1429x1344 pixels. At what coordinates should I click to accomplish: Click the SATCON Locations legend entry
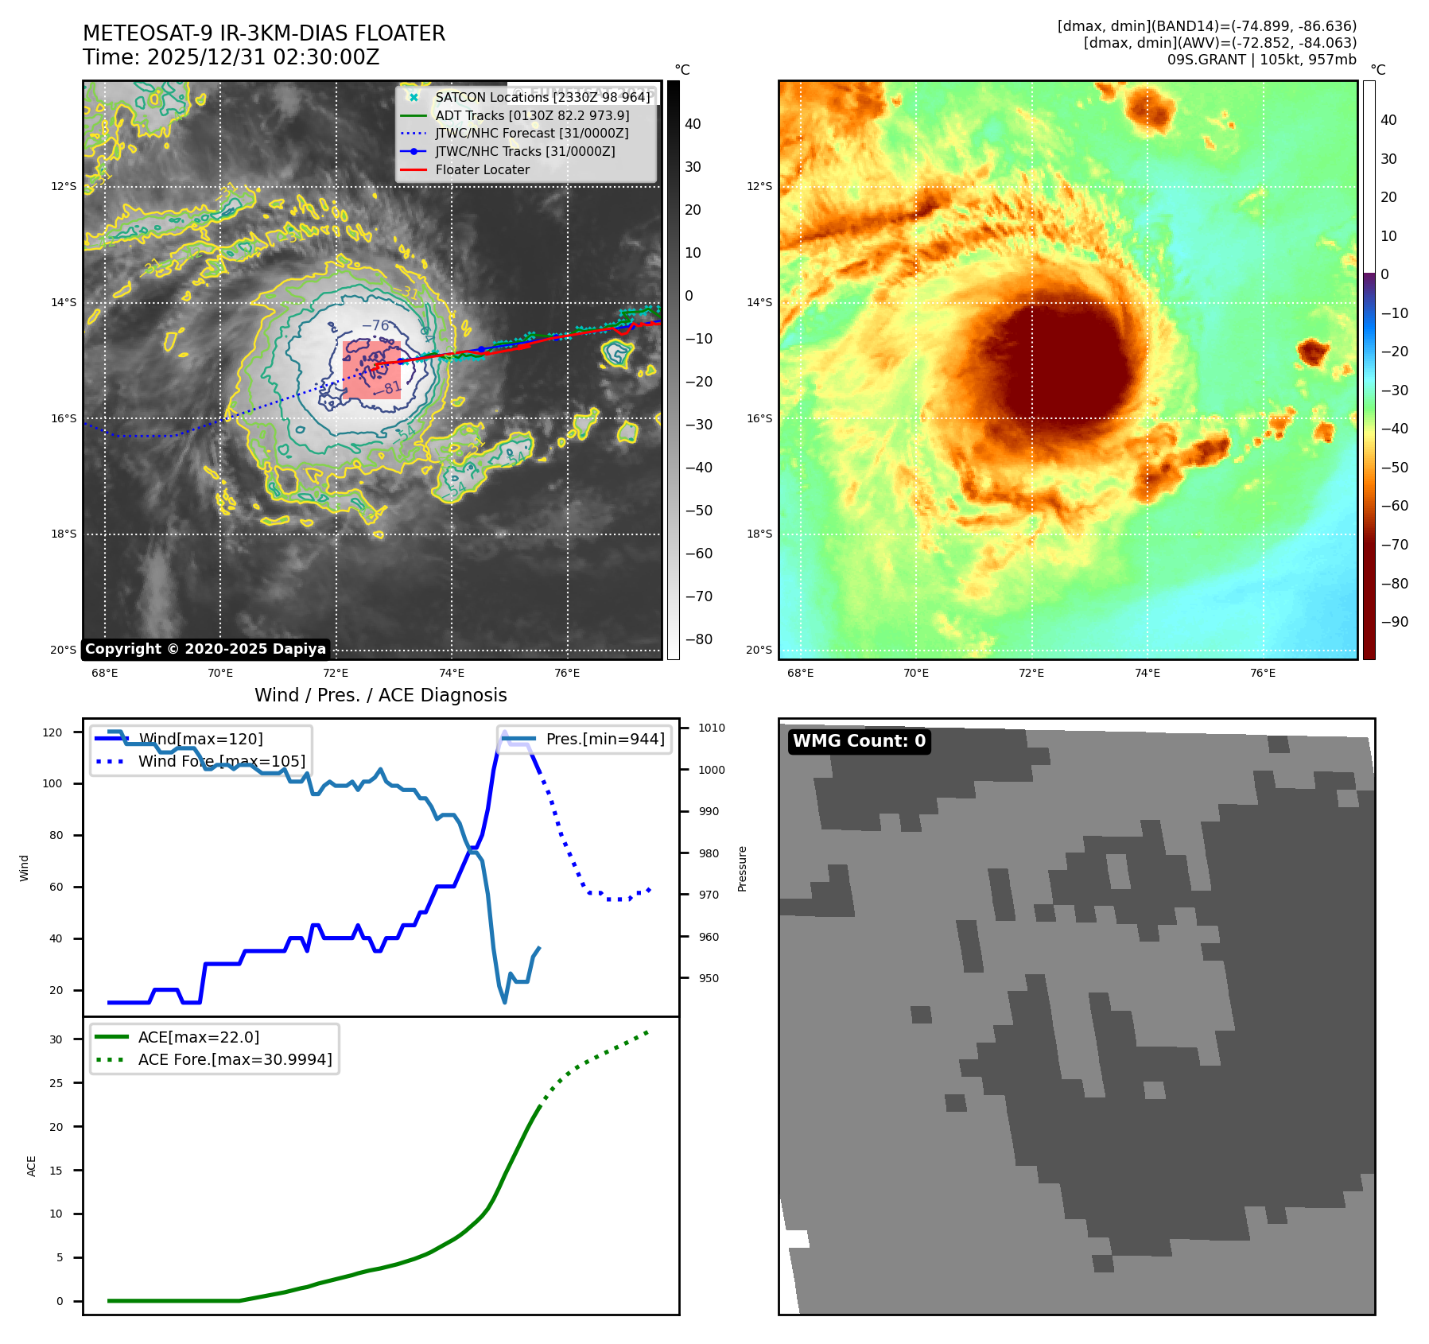[x=542, y=97]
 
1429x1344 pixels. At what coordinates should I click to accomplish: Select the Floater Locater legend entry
[x=482, y=169]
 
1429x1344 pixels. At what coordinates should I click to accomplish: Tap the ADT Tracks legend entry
[x=532, y=115]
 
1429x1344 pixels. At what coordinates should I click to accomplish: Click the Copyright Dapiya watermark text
[x=205, y=649]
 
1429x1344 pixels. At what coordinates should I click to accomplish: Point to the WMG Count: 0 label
[x=859, y=741]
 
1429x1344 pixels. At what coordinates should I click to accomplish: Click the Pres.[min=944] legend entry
[x=605, y=739]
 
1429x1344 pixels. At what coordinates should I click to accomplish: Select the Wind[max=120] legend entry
[x=200, y=739]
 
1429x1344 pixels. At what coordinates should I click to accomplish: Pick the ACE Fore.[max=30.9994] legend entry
[x=235, y=1059]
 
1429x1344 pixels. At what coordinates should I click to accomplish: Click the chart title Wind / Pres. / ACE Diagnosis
[x=380, y=695]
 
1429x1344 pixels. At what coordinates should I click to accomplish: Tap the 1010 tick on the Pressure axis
[x=712, y=728]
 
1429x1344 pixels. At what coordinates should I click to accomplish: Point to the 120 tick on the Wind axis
[x=52, y=732]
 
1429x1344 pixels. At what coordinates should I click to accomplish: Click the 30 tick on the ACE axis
[x=56, y=1039]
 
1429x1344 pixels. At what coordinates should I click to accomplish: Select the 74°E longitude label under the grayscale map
[x=452, y=673]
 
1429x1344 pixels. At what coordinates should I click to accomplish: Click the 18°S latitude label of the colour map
[x=759, y=534]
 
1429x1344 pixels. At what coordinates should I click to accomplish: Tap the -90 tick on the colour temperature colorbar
[x=1394, y=622]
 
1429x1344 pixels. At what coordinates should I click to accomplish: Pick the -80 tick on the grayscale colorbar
[x=699, y=639]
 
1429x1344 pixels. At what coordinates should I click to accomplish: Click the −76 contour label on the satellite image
[x=375, y=325]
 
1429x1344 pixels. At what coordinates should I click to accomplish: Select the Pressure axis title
[x=742, y=868]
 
